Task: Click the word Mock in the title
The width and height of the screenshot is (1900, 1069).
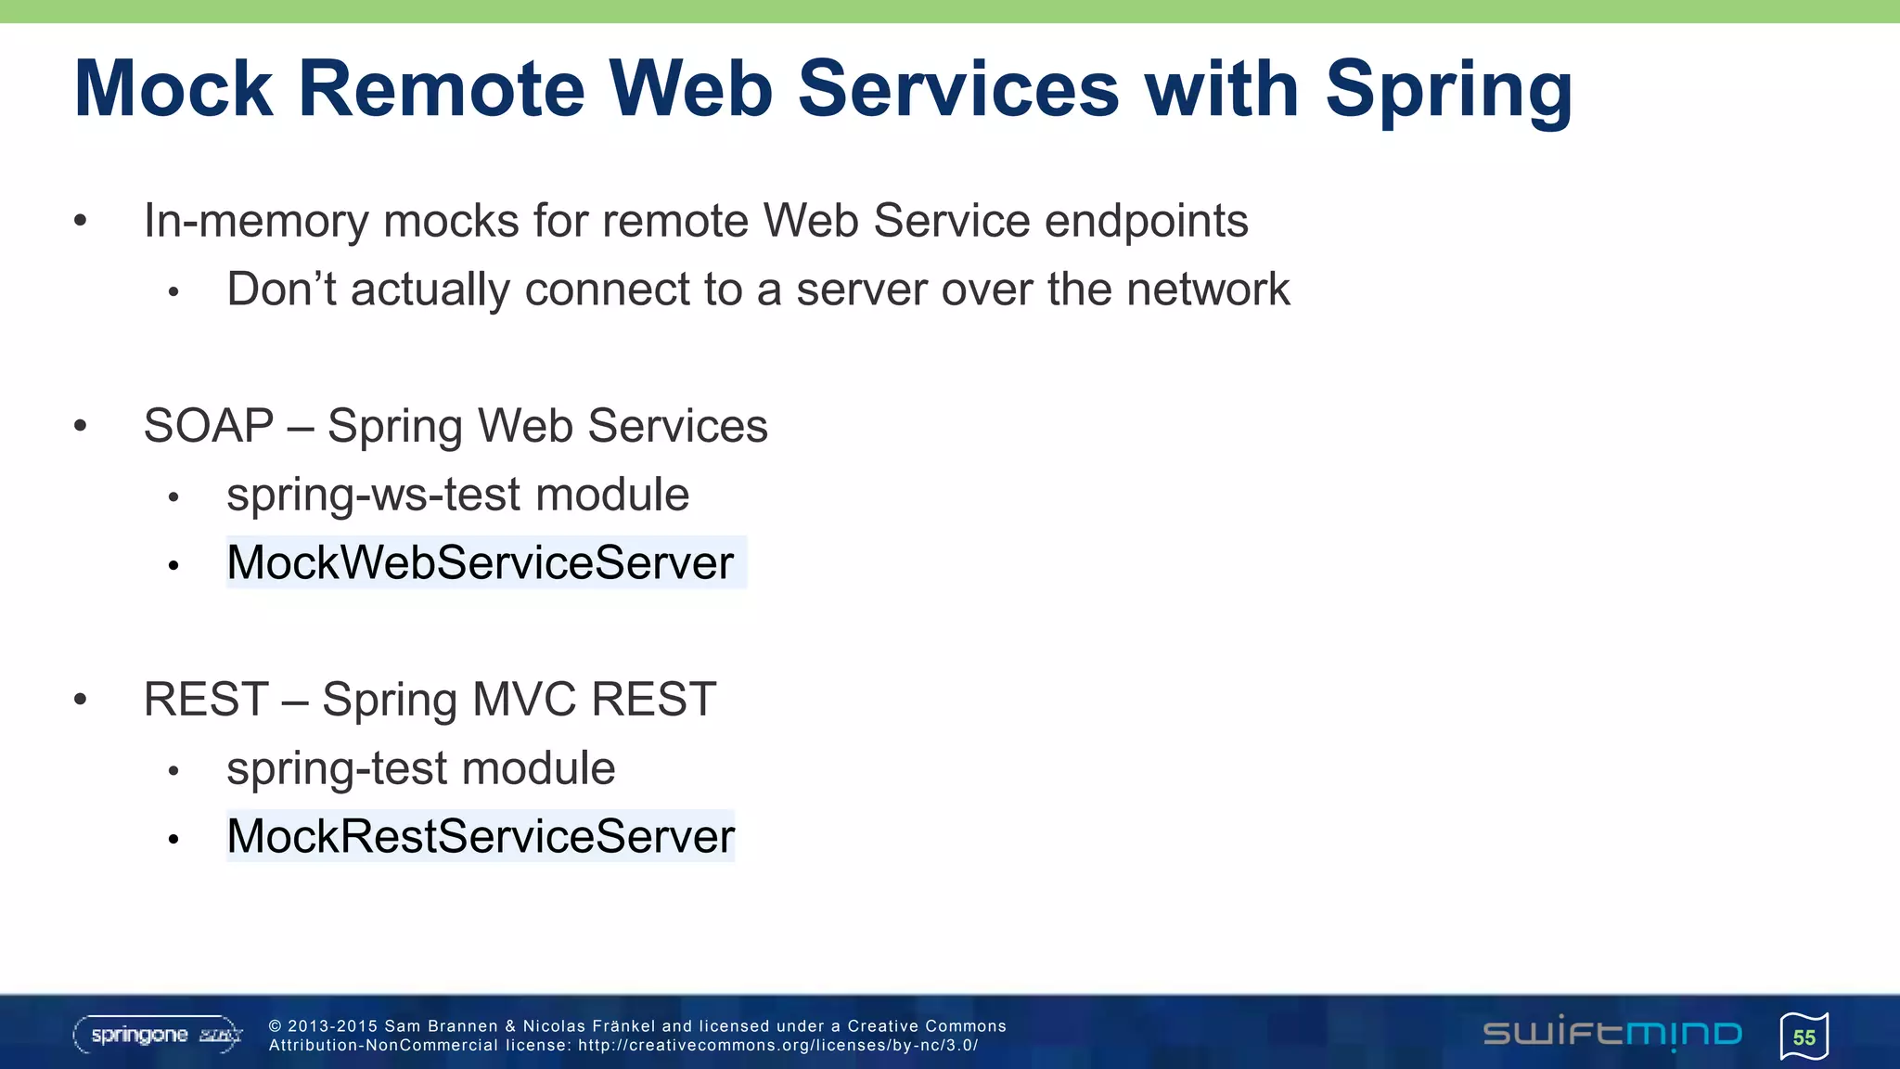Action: [173, 89]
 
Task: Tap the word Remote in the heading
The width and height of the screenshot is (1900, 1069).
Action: [441, 89]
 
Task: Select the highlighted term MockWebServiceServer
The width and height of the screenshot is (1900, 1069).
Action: [480, 562]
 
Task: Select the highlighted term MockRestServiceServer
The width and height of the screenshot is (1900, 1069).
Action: [480, 836]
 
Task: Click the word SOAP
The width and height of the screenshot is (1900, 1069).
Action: [209, 426]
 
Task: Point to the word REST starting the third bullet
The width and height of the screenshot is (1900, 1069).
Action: [206, 700]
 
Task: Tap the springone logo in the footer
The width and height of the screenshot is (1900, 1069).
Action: [158, 1035]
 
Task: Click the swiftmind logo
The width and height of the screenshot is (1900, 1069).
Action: [1611, 1034]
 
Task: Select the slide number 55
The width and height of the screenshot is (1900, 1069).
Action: [1804, 1037]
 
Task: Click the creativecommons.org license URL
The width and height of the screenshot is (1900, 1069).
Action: [777, 1046]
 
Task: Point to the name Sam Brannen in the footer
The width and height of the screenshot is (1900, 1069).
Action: [441, 1026]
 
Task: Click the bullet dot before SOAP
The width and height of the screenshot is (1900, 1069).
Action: [81, 426]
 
